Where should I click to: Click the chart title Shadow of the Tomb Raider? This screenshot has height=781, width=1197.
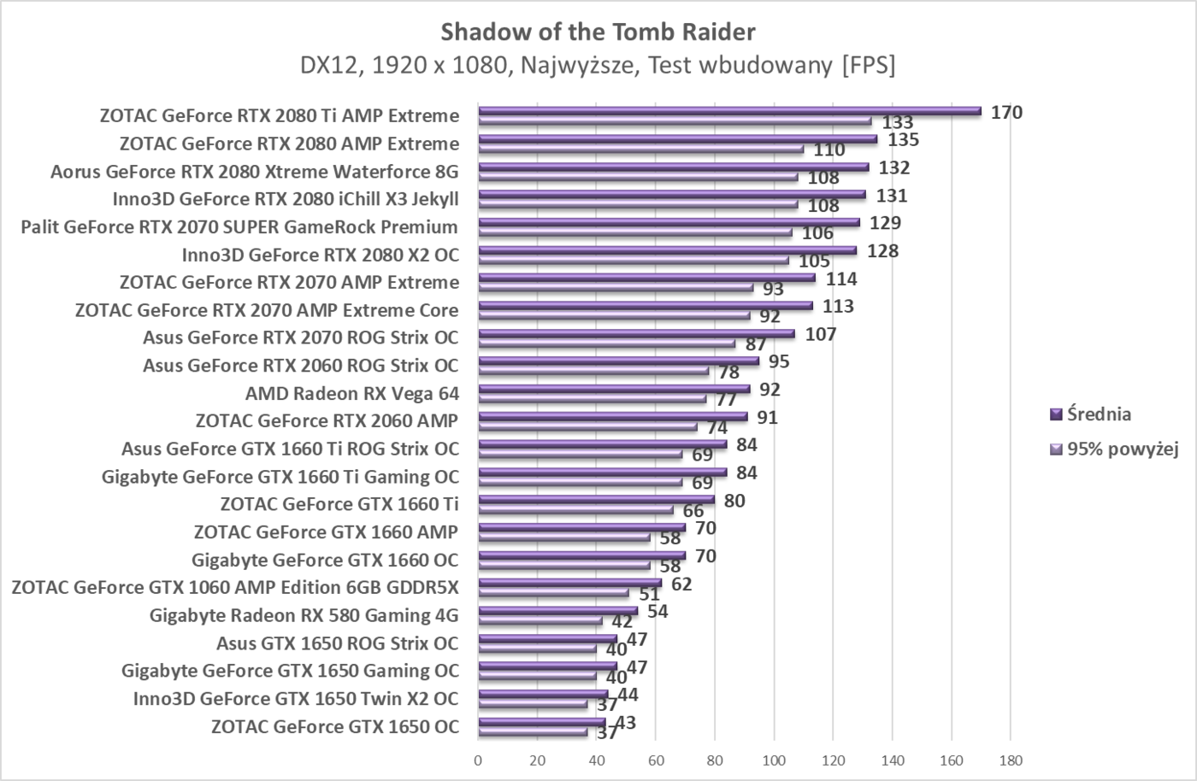coord(598,32)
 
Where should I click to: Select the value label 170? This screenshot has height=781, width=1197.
coord(1006,112)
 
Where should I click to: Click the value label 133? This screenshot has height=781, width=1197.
coord(898,122)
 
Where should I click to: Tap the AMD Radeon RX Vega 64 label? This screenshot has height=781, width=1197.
coord(351,394)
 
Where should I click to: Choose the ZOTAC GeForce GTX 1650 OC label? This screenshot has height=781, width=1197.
coord(334,727)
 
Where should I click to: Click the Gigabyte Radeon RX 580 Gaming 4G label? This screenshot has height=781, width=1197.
coord(304,615)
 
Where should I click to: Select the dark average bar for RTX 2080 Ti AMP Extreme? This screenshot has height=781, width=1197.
coord(729,110)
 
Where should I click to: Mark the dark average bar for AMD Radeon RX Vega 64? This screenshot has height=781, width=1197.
coord(614,388)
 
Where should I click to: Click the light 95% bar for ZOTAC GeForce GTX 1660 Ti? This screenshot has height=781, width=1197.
coord(575,510)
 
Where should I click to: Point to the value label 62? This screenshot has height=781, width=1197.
coord(681,584)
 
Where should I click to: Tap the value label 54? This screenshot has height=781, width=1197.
coord(657,612)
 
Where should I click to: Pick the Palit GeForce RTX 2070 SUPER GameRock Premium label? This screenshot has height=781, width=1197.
coord(239,227)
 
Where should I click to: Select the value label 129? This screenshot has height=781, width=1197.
coord(885,223)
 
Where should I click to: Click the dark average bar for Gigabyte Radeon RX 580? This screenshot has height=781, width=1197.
coord(557,610)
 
